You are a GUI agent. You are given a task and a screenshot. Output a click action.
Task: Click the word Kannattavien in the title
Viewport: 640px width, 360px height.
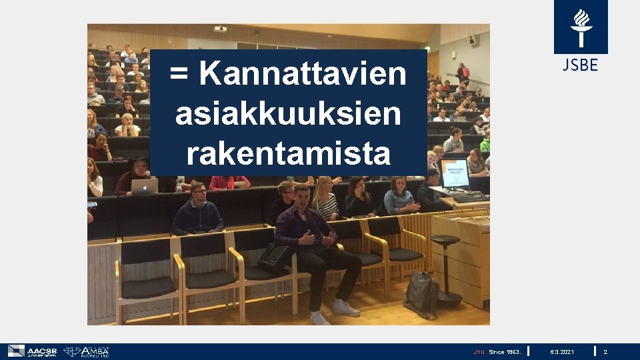[302, 73]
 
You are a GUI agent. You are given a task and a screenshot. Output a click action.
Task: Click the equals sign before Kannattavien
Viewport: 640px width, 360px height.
[179, 73]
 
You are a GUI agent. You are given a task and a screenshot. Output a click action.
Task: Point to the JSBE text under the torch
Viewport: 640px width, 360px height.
[580, 65]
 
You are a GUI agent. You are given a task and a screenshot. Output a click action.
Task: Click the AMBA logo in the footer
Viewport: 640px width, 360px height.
[86, 351]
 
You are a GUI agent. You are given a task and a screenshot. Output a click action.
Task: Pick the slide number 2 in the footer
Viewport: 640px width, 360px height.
[605, 351]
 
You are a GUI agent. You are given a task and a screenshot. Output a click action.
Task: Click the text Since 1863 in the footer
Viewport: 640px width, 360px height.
[505, 351]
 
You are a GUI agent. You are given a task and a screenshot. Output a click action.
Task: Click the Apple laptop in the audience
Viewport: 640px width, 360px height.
[145, 186]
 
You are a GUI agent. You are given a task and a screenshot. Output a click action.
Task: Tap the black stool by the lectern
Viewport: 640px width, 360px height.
[445, 267]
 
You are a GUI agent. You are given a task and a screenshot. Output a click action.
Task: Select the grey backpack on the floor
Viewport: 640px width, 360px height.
[421, 294]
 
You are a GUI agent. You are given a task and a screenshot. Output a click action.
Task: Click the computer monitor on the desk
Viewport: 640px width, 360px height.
[455, 173]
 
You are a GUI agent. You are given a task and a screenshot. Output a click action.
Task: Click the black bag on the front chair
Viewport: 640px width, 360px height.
[275, 257]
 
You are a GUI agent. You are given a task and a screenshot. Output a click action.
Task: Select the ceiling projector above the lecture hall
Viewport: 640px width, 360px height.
[220, 29]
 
